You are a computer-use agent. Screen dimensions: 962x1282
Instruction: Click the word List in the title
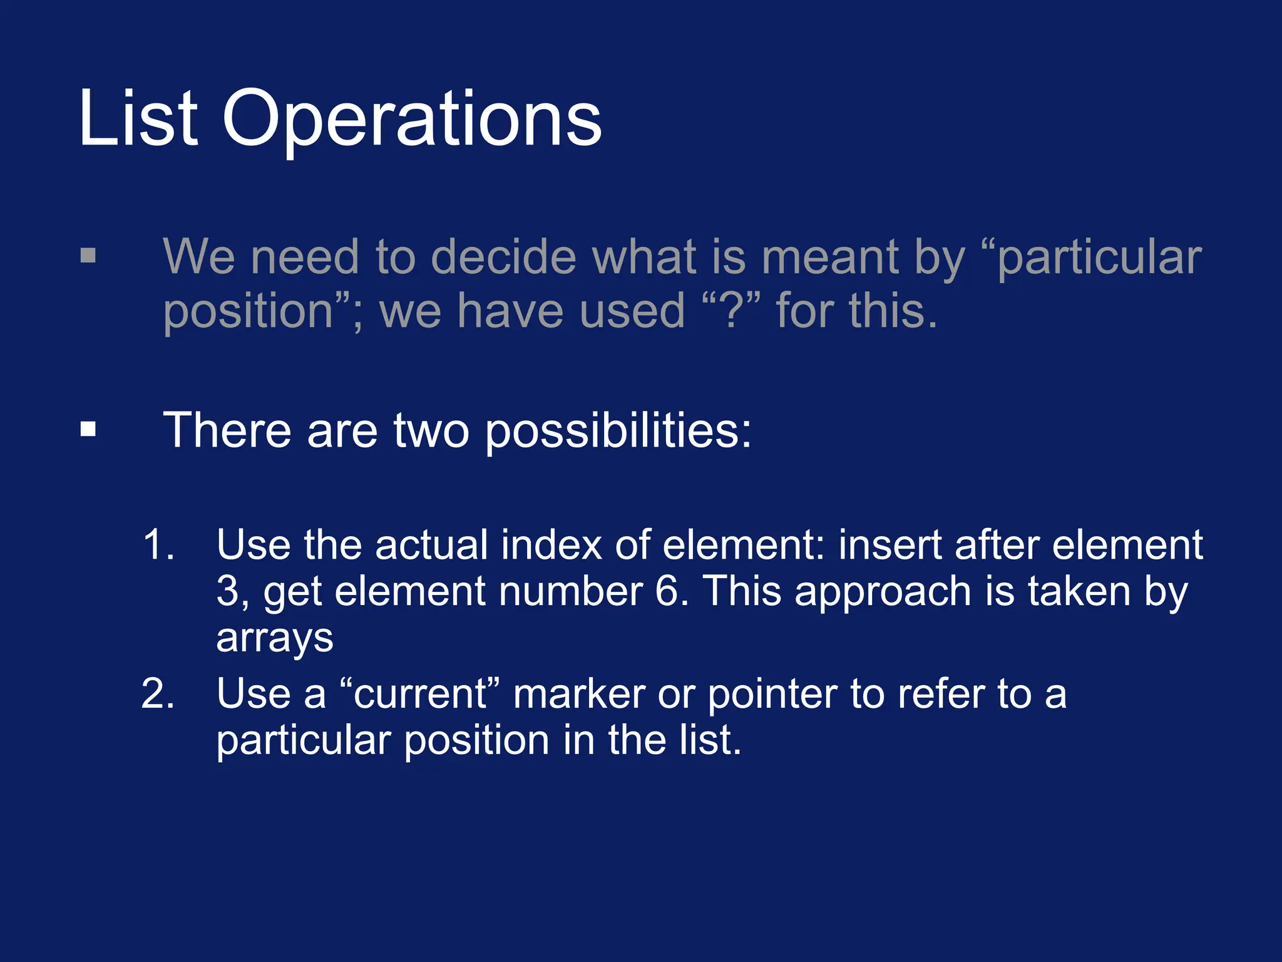[138, 118]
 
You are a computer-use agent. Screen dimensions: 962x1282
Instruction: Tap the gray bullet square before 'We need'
[88, 256]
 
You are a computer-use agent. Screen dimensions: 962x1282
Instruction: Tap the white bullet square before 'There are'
[88, 430]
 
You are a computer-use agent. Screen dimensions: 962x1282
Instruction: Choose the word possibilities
[618, 432]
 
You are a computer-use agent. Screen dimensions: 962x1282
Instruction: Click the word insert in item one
[890, 544]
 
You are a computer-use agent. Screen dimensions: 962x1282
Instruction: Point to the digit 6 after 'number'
[671, 591]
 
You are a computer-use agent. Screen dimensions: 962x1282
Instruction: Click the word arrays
[274, 639]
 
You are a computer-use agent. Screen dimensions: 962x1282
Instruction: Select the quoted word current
[421, 694]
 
